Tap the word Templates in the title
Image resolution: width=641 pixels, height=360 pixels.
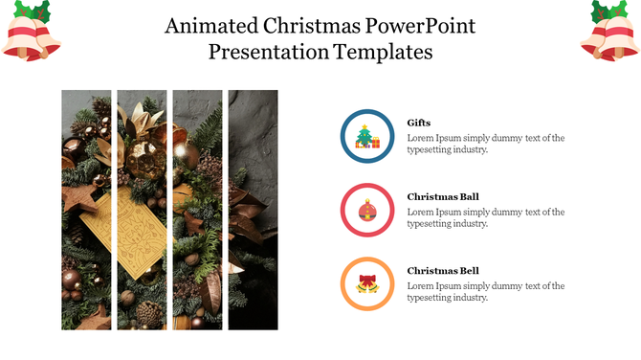click(383, 52)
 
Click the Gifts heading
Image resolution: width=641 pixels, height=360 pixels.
click(419, 123)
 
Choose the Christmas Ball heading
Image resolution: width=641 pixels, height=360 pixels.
click(443, 196)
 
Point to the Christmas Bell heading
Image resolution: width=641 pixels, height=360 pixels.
click(443, 270)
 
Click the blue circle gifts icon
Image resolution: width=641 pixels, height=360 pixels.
click(367, 137)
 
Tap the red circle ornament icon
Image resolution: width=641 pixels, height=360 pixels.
click(367, 211)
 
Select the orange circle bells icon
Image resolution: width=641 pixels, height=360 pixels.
click(367, 284)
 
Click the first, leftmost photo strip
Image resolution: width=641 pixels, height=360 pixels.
click(86, 210)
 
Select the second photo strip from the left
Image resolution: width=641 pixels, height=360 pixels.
click(142, 210)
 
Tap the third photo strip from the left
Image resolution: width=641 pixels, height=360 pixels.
click(197, 210)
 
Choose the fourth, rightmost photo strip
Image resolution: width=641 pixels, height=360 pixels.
click(253, 210)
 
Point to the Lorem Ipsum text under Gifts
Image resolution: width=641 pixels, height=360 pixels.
click(485, 144)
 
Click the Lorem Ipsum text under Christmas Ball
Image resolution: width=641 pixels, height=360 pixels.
click(485, 217)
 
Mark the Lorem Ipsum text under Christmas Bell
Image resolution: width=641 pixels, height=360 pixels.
click(485, 291)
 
